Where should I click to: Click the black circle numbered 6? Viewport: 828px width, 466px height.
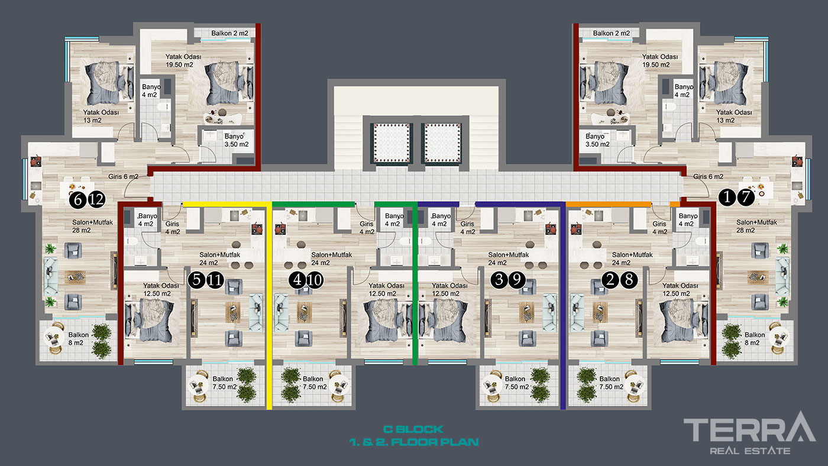(78, 200)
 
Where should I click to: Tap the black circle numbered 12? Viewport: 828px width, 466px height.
(96, 200)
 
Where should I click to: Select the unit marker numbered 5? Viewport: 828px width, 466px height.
(196, 280)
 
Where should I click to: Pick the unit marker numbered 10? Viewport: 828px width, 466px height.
(315, 280)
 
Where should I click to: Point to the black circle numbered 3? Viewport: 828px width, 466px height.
(499, 280)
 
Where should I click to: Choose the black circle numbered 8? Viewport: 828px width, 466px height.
(629, 280)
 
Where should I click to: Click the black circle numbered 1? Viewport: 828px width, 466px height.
(727, 197)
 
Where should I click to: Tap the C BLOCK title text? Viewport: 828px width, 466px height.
(413, 429)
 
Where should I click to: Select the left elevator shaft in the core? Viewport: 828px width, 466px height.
(392, 143)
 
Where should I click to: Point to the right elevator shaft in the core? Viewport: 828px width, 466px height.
(442, 143)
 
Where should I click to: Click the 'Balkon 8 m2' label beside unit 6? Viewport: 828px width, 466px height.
(78, 338)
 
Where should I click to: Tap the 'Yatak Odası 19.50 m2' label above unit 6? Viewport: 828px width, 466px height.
(183, 60)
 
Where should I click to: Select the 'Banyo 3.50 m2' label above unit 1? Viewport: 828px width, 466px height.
(597, 140)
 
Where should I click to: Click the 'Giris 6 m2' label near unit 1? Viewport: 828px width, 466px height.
(708, 177)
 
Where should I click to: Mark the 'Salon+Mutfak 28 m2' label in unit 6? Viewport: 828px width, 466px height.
(92, 226)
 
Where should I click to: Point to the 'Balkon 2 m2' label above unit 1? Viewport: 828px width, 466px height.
(612, 33)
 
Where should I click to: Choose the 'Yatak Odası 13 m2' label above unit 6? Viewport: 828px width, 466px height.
(101, 116)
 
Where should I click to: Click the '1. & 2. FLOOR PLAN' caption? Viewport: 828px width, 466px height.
(413, 442)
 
